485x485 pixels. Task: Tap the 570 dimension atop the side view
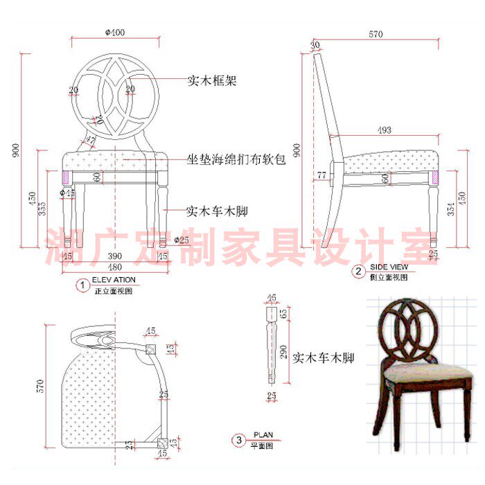pos(376,33)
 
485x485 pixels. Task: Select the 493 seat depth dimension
pos(385,130)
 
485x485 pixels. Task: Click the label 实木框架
pos(213,81)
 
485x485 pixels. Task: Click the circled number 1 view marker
pos(83,284)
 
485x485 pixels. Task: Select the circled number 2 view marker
pos(358,272)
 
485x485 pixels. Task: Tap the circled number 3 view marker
pos(240,439)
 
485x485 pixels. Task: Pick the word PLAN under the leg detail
pos(263,435)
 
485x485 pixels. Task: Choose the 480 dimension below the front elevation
pos(114,267)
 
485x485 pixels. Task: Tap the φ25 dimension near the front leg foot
pos(182,240)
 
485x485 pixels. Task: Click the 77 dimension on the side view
pos(321,176)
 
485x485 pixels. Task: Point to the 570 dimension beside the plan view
pos(39,384)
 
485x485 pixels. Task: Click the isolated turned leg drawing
pos(270,343)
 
